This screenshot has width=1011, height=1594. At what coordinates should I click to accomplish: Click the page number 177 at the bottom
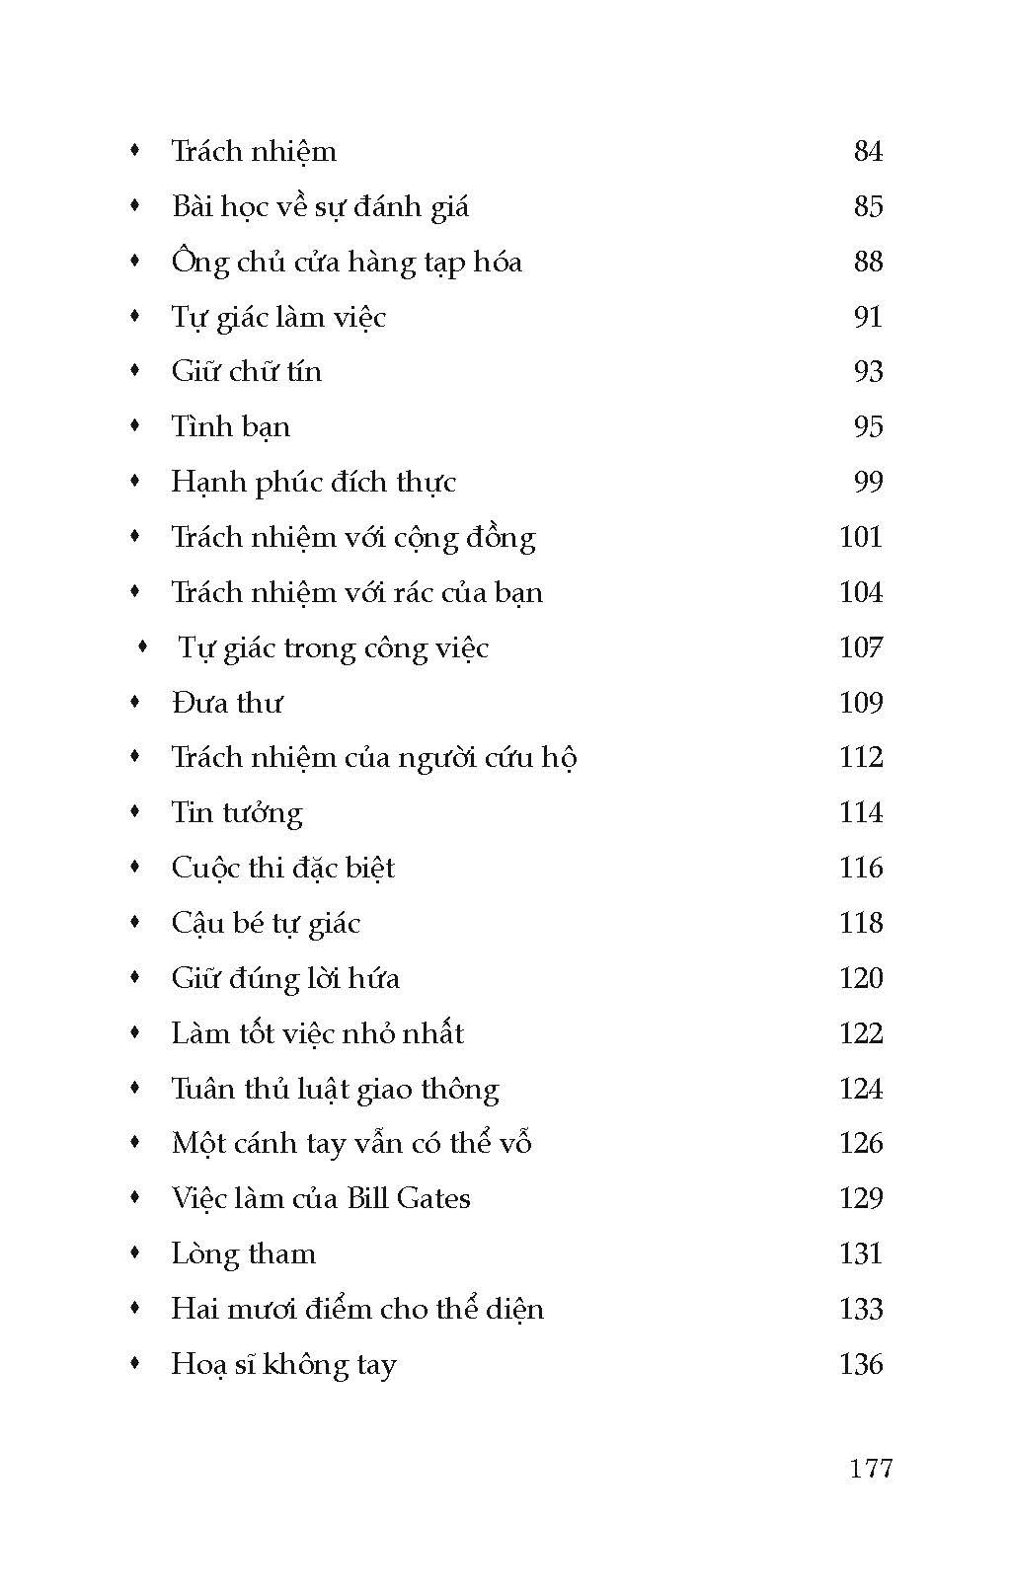pyautogui.click(x=870, y=1468)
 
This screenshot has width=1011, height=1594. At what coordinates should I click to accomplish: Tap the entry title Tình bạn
pyautogui.click(x=230, y=426)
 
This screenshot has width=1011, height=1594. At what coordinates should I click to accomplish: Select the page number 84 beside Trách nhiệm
pyautogui.click(x=868, y=151)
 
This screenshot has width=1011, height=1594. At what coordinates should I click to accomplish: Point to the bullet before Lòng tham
pyautogui.click(x=136, y=1252)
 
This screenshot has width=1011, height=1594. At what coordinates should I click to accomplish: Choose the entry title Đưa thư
pyautogui.click(x=226, y=703)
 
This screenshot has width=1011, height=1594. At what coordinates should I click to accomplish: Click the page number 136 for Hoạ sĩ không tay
pyautogui.click(x=860, y=1364)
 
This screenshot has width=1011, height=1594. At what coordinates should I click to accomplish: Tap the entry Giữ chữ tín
pyautogui.click(x=246, y=371)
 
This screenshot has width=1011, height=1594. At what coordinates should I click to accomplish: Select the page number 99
pyautogui.click(x=868, y=482)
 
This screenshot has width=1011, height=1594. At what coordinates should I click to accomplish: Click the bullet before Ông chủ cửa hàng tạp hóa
pyautogui.click(x=136, y=261)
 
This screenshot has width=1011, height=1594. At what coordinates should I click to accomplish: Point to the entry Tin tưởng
pyautogui.click(x=236, y=812)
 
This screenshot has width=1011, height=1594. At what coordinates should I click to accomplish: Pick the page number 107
pyautogui.click(x=860, y=647)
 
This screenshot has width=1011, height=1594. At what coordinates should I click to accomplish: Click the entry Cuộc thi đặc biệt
pyautogui.click(x=282, y=868)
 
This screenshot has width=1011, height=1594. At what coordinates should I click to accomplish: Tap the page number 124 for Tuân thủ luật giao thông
pyautogui.click(x=860, y=1089)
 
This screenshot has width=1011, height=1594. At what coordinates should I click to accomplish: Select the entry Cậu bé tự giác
pyautogui.click(x=266, y=924)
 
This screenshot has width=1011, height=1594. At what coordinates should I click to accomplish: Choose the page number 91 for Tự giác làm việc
pyautogui.click(x=868, y=317)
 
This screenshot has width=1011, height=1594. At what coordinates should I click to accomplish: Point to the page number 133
pyautogui.click(x=860, y=1309)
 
